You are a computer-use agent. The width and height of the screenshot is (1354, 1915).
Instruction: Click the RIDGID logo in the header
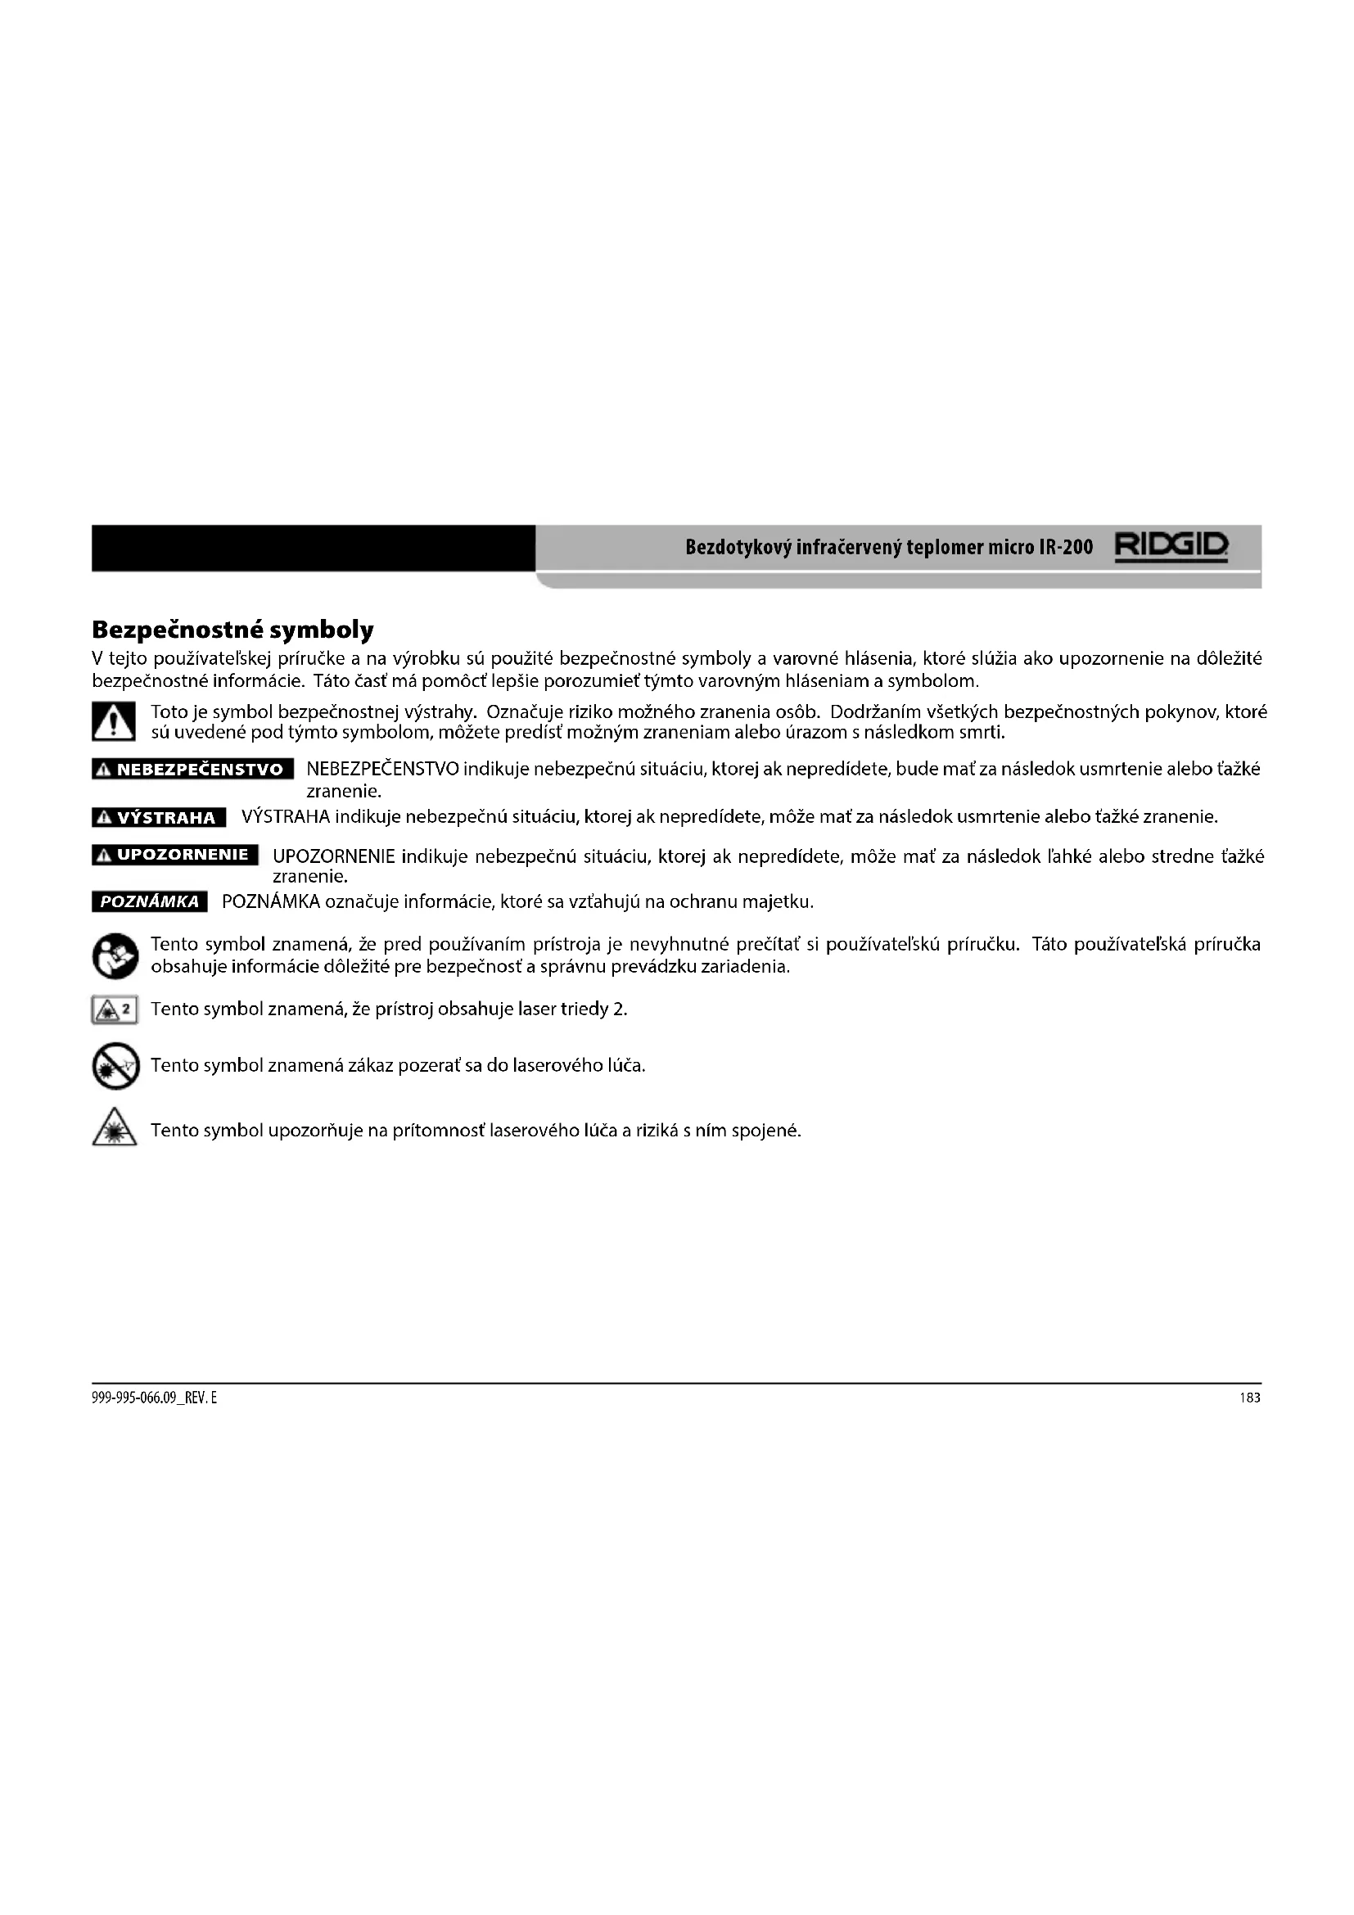(x=1171, y=547)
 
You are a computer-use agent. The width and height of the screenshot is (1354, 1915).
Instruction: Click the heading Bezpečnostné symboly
(x=232, y=629)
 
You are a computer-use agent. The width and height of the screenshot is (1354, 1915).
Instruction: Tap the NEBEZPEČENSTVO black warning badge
(x=192, y=769)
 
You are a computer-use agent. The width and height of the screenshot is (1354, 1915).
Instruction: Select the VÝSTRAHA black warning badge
(x=159, y=817)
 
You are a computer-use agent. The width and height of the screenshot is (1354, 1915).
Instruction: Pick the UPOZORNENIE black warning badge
(x=175, y=855)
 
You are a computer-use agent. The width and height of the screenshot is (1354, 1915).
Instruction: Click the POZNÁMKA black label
(x=149, y=901)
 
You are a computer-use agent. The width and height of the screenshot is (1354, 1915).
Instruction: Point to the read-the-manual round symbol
(x=115, y=955)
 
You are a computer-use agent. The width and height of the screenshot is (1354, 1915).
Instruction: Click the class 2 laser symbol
(x=115, y=1010)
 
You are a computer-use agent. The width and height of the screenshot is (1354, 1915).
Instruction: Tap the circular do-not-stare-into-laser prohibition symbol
(x=115, y=1066)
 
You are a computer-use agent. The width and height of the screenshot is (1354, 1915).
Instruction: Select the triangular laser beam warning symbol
(x=115, y=1128)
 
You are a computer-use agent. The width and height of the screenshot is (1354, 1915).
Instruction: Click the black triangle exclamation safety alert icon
(x=114, y=722)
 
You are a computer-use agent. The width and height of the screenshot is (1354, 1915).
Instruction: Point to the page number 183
(x=1249, y=1398)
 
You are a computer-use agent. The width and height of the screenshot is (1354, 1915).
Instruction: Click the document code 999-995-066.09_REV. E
(x=154, y=1398)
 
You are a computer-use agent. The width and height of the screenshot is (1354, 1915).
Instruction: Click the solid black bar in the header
(x=313, y=548)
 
